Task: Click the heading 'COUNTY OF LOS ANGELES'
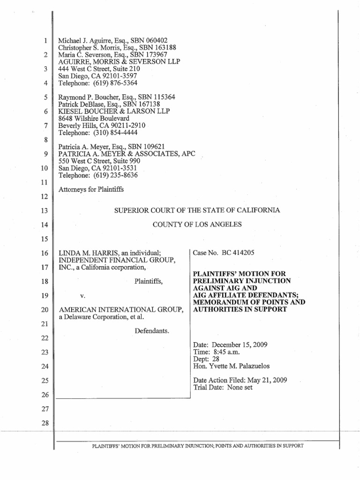click(x=197, y=225)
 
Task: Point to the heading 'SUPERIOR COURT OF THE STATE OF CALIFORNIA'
click(x=197, y=210)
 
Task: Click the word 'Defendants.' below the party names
click(x=152, y=331)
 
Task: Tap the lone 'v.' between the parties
click(x=84, y=297)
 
